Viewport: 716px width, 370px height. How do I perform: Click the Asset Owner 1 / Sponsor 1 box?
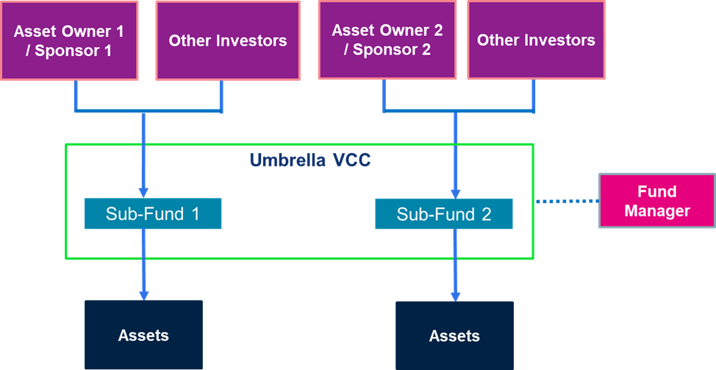pyautogui.click(x=69, y=40)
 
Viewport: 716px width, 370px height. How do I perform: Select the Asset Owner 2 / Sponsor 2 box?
pyautogui.click(x=387, y=40)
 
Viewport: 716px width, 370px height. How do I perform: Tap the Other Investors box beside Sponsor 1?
pyautogui.click(x=228, y=40)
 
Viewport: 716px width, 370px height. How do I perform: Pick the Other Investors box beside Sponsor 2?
pyautogui.click(x=536, y=40)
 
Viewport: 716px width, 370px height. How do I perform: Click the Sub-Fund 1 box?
pyautogui.click(x=153, y=213)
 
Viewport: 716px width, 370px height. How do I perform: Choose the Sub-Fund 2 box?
pyautogui.click(x=444, y=214)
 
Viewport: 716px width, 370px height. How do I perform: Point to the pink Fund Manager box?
pyautogui.click(x=657, y=201)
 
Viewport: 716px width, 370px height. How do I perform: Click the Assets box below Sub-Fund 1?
pyautogui.click(x=143, y=335)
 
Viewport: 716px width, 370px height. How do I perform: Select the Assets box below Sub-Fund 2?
pyautogui.click(x=454, y=335)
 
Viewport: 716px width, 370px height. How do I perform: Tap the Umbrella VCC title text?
pyautogui.click(x=310, y=160)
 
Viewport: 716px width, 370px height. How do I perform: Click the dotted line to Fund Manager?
pyautogui.click(x=567, y=201)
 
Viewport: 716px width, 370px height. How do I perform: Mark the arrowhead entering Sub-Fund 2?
pyautogui.click(x=455, y=193)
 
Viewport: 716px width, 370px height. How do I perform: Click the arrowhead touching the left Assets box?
pyautogui.click(x=144, y=295)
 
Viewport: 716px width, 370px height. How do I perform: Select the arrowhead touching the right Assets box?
pyautogui.click(x=455, y=296)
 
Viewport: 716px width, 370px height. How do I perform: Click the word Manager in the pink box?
pyautogui.click(x=657, y=211)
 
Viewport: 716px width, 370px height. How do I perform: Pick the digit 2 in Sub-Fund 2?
pyautogui.click(x=487, y=214)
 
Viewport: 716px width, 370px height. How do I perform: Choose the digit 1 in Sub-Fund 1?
pyautogui.click(x=196, y=213)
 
